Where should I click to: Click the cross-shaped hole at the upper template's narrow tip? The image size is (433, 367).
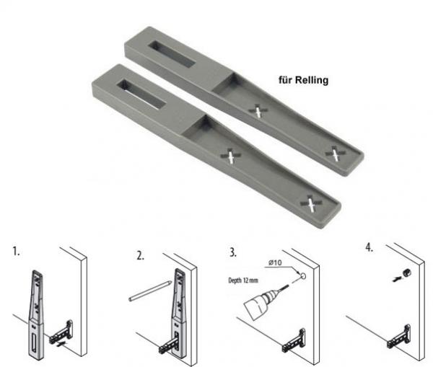point(334,152)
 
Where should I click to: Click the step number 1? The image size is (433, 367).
point(16,255)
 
